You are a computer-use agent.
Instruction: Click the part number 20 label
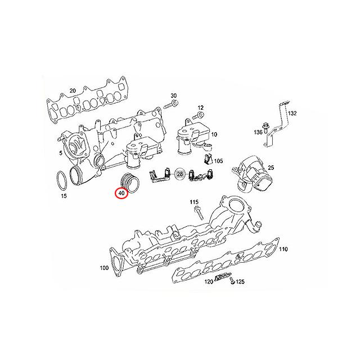pyautogui.click(x=72, y=91)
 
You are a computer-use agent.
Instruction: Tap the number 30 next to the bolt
pyautogui.click(x=173, y=96)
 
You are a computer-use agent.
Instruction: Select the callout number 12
pyautogui.click(x=201, y=107)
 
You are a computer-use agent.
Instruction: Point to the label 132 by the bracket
pyautogui.click(x=292, y=113)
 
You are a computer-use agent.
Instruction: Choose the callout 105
pyautogui.click(x=218, y=161)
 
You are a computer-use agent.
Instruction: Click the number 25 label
pyautogui.click(x=271, y=168)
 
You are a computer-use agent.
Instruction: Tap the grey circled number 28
pyautogui.click(x=180, y=174)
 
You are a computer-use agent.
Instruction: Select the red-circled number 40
pyautogui.click(x=121, y=193)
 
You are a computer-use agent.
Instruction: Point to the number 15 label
pyautogui.click(x=64, y=196)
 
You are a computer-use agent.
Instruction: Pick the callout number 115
pyautogui.click(x=194, y=201)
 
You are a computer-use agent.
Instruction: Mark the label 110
pyautogui.click(x=283, y=249)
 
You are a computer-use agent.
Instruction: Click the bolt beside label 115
pyautogui.click(x=199, y=213)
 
